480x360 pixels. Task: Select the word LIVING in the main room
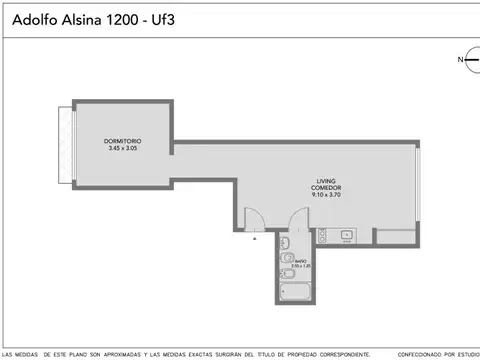[327, 180]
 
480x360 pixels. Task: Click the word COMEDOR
[327, 188]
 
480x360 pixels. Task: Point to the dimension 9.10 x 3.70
[327, 195]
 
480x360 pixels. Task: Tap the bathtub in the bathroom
[294, 292]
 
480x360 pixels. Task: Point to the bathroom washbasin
[285, 243]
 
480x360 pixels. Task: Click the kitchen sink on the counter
[346, 236]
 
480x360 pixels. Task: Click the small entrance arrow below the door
[254, 240]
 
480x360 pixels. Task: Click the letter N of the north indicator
[461, 60]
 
